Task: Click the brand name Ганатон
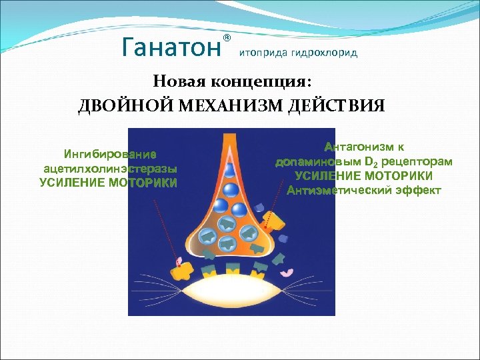(x=171, y=47)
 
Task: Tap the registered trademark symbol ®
(x=227, y=37)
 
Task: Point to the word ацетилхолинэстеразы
(x=110, y=169)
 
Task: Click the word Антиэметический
(x=334, y=191)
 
